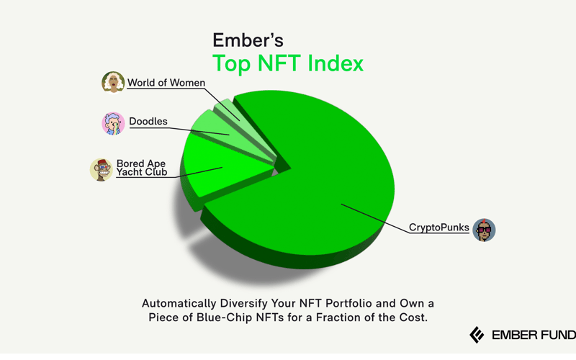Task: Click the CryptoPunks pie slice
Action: click(x=324, y=180)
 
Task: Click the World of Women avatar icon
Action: click(x=112, y=83)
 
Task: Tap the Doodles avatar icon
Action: click(x=113, y=123)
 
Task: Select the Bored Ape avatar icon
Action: click(x=102, y=169)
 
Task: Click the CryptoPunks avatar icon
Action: click(x=484, y=229)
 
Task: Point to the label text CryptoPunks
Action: click(x=439, y=228)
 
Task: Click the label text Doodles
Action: click(x=148, y=122)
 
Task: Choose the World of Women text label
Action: click(x=166, y=82)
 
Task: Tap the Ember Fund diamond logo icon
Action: click(x=476, y=335)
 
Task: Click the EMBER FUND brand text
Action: click(x=534, y=336)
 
